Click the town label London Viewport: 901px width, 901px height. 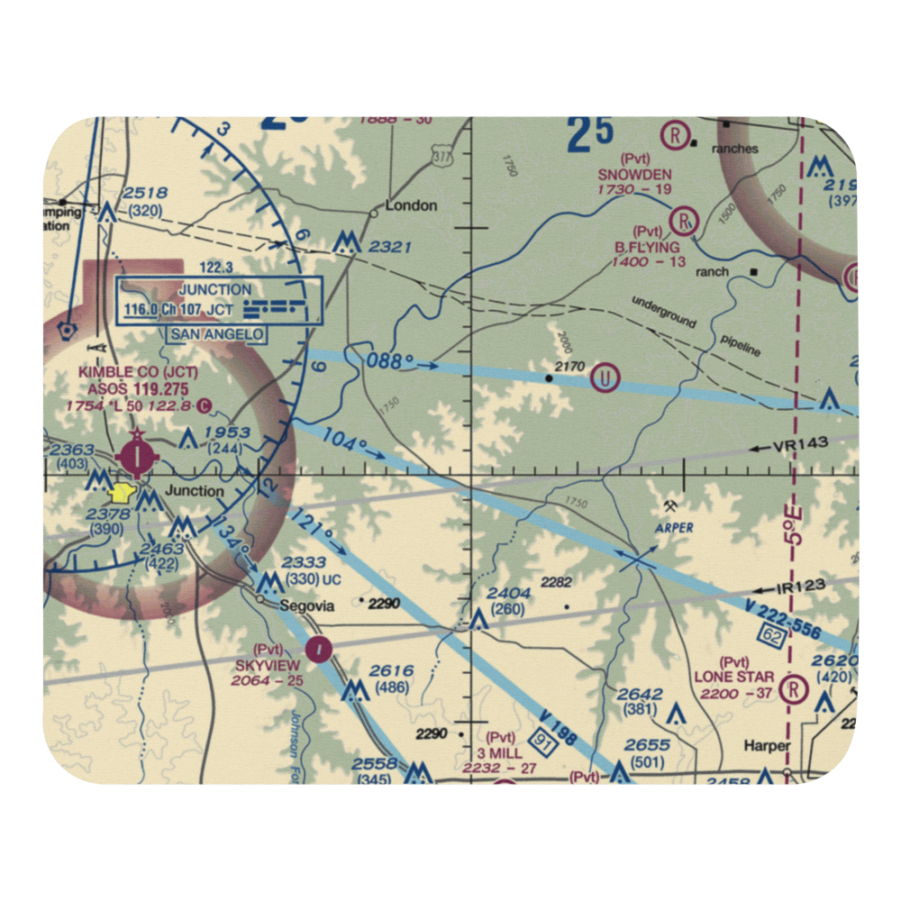coord(411,205)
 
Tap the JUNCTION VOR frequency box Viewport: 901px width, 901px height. coord(220,300)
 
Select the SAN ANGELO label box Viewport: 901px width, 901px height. coord(216,334)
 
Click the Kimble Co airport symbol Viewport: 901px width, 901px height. coord(136,458)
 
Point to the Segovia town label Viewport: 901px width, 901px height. coord(308,606)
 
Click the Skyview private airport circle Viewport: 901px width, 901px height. coord(318,648)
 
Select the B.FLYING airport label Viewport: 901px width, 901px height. coord(648,247)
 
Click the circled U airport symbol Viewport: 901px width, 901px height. coord(605,376)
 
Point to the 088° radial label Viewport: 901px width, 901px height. coord(390,361)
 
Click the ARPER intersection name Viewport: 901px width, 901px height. coord(675,527)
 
